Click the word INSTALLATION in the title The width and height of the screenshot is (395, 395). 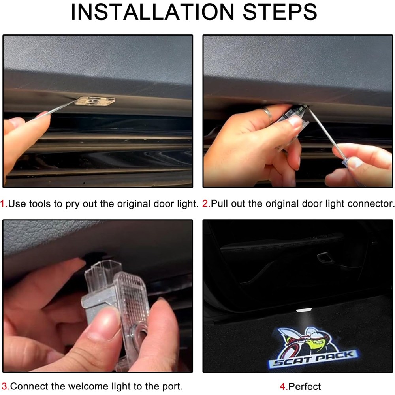(152, 12)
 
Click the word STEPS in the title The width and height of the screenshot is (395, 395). (280, 12)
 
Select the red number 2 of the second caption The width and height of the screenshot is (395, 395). (206, 203)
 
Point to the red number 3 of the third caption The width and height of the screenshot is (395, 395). (5, 386)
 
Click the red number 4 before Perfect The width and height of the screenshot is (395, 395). (283, 386)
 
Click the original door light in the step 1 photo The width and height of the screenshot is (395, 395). (95, 101)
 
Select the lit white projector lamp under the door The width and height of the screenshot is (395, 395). (303, 310)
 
